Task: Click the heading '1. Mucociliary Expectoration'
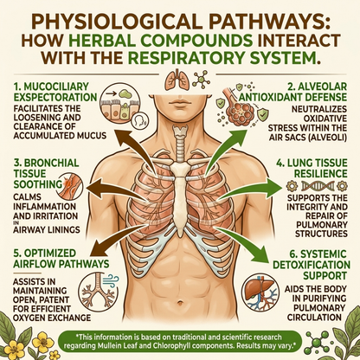55,92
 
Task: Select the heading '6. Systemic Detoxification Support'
312,265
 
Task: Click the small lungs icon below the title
176,79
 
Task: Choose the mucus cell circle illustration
119,106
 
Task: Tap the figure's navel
181,303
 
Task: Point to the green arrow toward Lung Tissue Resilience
250,189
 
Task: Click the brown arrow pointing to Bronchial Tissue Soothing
117,189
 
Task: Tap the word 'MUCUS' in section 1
93,136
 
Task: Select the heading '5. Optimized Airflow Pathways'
61,259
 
